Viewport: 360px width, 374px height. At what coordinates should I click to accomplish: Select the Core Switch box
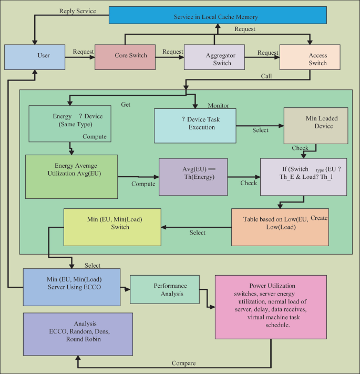(125, 56)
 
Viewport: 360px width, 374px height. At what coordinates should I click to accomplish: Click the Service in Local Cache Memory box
(216, 16)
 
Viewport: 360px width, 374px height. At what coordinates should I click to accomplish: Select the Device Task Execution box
(195, 126)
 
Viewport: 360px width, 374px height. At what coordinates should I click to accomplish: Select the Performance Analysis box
(164, 289)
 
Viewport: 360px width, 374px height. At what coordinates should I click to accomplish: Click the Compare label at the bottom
(184, 363)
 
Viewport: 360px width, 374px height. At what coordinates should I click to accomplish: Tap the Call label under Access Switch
(266, 76)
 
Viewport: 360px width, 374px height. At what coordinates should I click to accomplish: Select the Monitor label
(219, 105)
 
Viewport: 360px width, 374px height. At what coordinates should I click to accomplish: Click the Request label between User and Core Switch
(83, 52)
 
